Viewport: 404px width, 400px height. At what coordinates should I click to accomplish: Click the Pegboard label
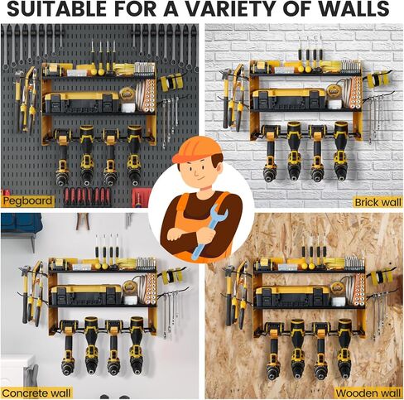pyautogui.click(x=27, y=200)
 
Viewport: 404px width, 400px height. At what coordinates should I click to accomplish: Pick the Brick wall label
pyautogui.click(x=376, y=201)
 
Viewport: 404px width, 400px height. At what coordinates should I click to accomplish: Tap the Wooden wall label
pyautogui.click(x=368, y=392)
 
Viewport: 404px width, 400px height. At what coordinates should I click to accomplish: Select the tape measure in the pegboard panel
pyautogui.click(x=127, y=94)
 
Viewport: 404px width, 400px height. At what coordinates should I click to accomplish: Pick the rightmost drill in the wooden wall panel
pyautogui.click(x=344, y=348)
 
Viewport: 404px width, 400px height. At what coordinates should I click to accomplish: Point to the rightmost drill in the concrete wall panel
pyautogui.click(x=137, y=348)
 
